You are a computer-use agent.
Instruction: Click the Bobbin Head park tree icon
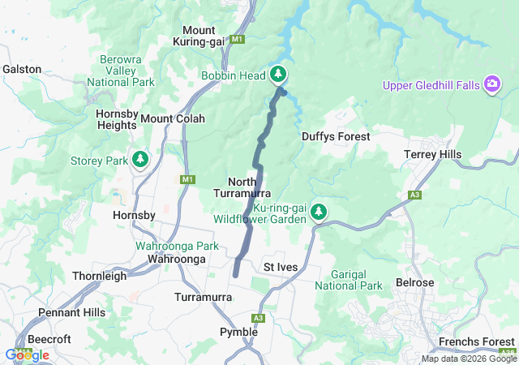tap(278, 75)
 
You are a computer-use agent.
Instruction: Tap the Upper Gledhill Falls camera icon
tap(492, 84)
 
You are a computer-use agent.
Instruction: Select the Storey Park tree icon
tap(141, 160)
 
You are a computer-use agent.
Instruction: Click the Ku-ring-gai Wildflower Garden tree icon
tap(319, 213)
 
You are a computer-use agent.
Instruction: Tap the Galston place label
tap(22, 69)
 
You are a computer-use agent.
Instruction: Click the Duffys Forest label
tap(336, 137)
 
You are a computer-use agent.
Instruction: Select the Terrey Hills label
tap(433, 154)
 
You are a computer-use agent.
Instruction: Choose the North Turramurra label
tap(242, 187)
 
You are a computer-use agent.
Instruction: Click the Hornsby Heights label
tap(116, 119)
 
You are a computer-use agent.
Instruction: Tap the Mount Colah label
tap(173, 118)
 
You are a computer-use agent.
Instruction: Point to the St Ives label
tap(281, 267)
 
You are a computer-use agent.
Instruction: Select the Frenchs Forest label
tap(477, 341)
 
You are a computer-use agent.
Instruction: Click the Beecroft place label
tap(48, 339)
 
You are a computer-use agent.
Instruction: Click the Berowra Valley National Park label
tap(126, 71)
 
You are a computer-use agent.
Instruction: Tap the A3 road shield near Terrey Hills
tap(415, 195)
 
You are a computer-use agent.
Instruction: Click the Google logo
tap(27, 354)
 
